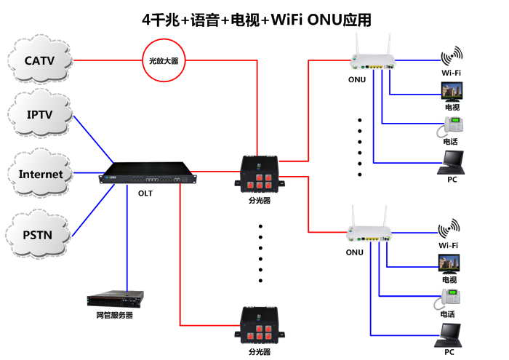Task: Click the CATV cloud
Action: pyautogui.click(x=41, y=60)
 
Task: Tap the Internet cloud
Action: pyautogui.click(x=41, y=175)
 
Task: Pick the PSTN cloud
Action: pyautogui.click(x=41, y=234)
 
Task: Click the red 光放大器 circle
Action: pyautogui.click(x=164, y=61)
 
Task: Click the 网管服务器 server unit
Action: pyautogui.click(x=115, y=298)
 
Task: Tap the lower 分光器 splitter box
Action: pyautogui.click(x=260, y=327)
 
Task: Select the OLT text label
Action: pyautogui.click(x=145, y=194)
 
